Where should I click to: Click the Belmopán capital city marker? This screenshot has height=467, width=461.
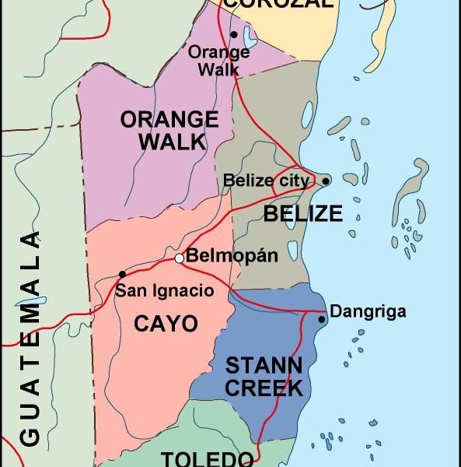click(x=180, y=258)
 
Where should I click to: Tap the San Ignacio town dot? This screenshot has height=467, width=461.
click(x=122, y=274)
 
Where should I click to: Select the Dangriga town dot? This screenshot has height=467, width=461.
click(x=322, y=319)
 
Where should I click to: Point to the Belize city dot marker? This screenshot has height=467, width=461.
click(x=326, y=181)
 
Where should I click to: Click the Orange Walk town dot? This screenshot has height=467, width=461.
click(x=233, y=34)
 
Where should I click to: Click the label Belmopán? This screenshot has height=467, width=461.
click(x=232, y=256)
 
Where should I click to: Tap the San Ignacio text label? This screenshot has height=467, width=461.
click(x=164, y=291)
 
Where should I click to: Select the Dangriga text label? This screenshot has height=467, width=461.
click(x=368, y=312)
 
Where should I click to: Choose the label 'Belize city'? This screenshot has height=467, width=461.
click(x=267, y=181)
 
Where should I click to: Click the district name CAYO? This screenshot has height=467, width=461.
click(x=166, y=324)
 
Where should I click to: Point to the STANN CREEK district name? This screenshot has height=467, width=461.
click(x=264, y=377)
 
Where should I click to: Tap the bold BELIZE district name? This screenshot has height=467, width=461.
click(x=302, y=213)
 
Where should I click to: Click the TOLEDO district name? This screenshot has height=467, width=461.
click(x=207, y=458)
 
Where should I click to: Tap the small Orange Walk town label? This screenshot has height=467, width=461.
click(x=219, y=61)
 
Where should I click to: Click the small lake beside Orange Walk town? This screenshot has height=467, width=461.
click(x=248, y=37)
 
